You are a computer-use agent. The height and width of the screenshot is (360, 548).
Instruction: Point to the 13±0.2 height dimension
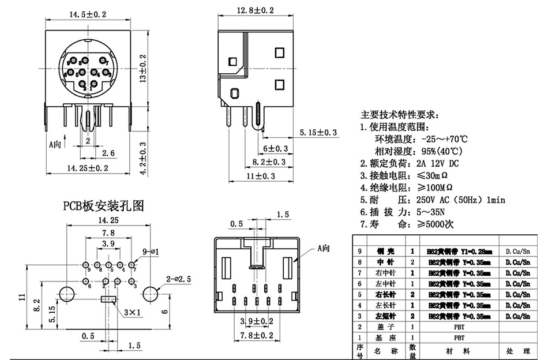144,66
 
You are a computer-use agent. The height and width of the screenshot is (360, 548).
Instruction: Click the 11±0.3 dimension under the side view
261,176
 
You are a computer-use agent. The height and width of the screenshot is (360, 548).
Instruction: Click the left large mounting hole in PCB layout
66,292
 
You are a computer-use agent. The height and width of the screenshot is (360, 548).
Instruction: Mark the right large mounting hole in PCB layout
152,292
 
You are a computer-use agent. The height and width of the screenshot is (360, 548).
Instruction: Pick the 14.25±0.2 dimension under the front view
88,168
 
